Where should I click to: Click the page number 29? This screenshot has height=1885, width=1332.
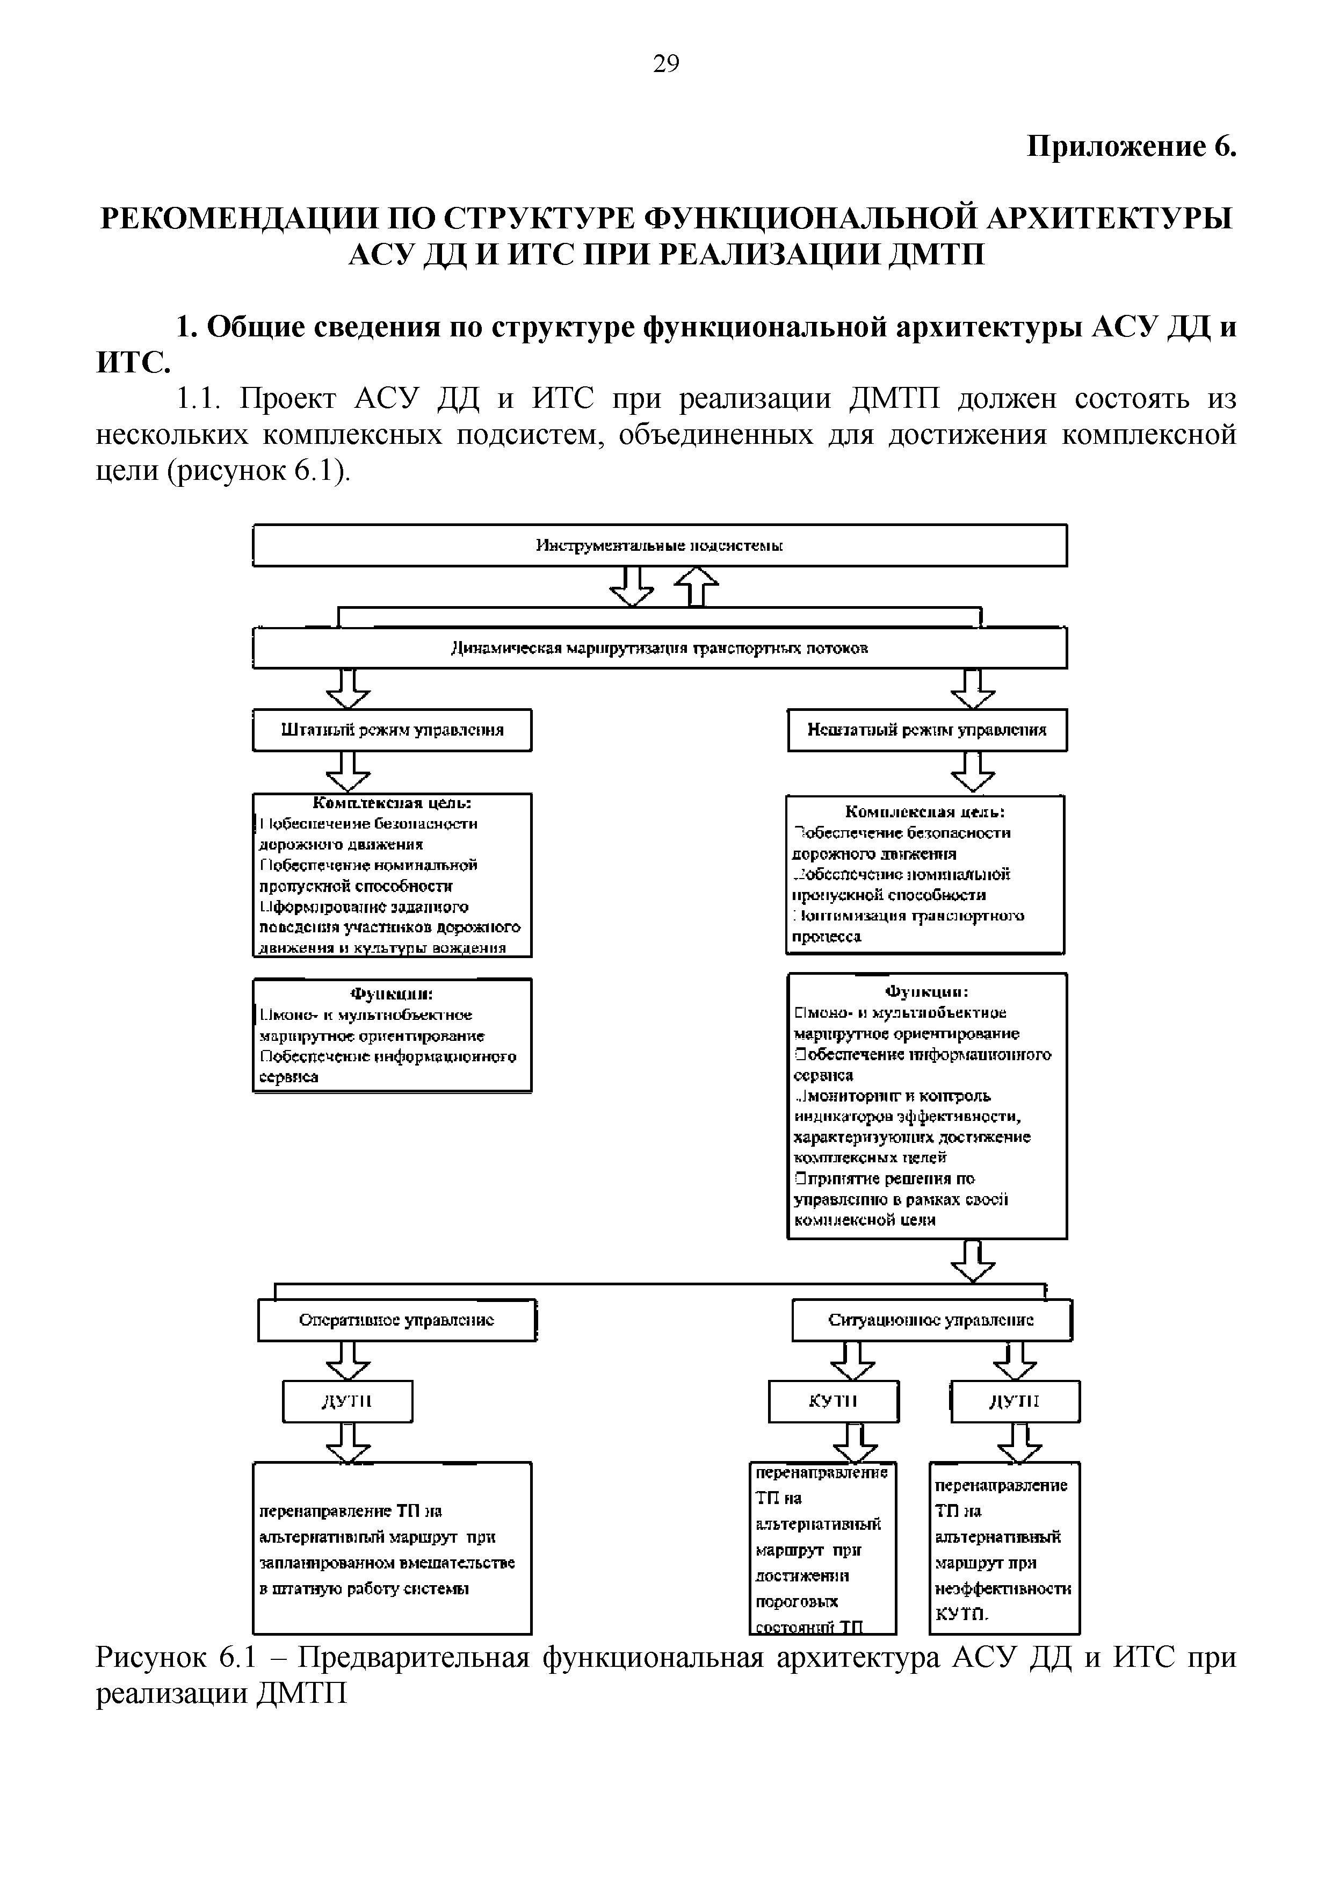point(665,63)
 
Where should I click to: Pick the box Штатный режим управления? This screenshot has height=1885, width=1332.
point(392,730)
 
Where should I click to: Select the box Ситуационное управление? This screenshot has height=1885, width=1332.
point(931,1320)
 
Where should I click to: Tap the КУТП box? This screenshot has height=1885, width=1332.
point(833,1401)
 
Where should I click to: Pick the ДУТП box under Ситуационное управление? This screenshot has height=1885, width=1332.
point(1015,1401)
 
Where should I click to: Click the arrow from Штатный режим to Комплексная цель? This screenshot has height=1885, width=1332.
point(348,772)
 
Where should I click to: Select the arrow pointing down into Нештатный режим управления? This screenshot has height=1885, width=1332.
point(973,689)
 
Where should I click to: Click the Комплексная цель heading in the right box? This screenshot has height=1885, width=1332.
point(925,812)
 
